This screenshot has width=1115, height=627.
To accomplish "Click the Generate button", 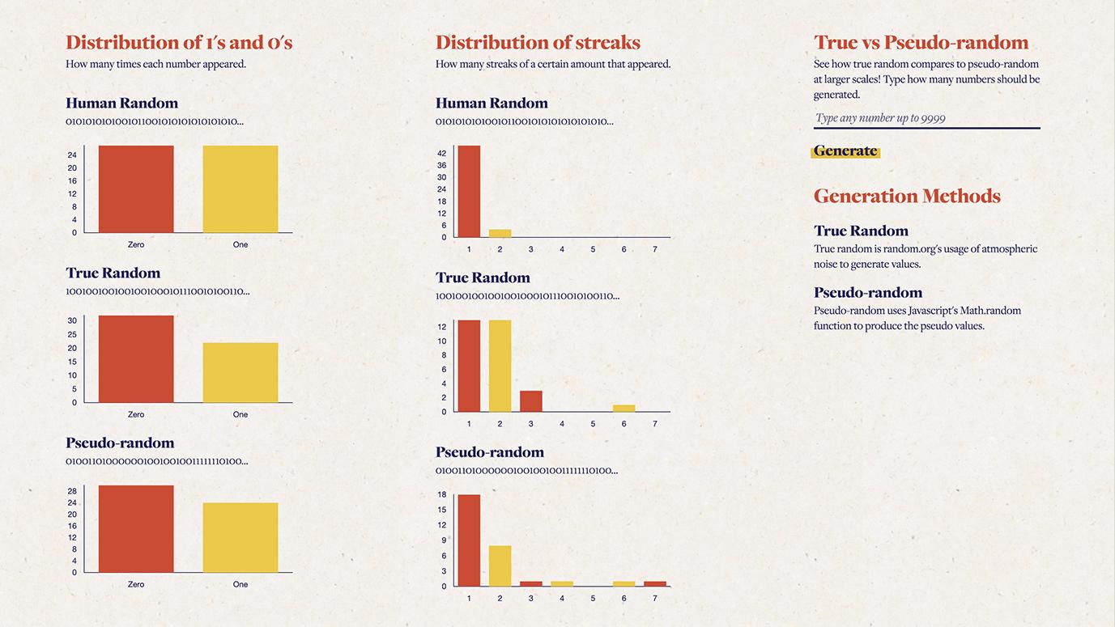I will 845,151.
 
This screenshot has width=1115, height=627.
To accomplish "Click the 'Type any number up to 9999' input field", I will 926,118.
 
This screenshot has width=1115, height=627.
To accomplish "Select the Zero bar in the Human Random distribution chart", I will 136,189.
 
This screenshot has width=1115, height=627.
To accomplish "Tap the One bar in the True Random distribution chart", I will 240,373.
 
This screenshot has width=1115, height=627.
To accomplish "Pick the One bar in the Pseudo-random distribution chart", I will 240,538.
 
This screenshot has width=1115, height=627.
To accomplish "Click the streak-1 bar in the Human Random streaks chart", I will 469,192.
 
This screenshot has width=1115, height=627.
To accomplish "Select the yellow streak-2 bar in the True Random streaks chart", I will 500,366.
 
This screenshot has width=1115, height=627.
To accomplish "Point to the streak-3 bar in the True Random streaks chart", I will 531,401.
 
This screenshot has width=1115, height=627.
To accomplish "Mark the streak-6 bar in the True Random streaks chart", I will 624,409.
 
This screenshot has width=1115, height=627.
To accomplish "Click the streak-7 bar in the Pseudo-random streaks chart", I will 655,583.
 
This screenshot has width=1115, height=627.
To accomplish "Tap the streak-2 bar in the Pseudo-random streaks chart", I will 500,566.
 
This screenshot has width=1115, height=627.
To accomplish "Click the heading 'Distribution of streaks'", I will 538,43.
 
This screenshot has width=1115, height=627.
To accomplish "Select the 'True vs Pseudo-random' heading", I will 921,43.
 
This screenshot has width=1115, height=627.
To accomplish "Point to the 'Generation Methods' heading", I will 907,197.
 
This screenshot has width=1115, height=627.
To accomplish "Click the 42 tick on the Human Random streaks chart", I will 442,153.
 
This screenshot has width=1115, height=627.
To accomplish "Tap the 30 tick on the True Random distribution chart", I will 72,320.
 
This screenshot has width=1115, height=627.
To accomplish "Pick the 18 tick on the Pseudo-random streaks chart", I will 442,494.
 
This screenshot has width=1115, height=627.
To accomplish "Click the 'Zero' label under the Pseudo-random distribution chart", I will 136,584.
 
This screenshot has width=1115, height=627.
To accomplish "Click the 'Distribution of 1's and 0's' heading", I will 179,43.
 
